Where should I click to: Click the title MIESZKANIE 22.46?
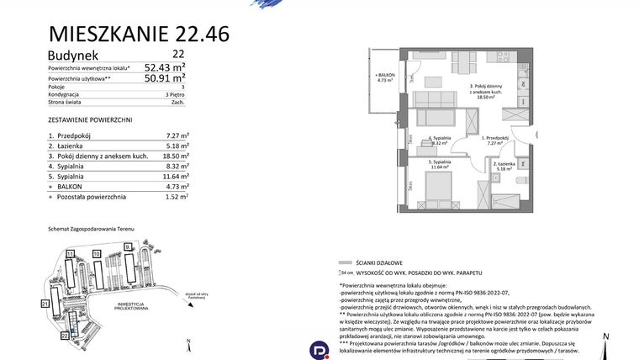pyautogui.click(x=139, y=34)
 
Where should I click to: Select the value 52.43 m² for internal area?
pyautogui.click(x=165, y=67)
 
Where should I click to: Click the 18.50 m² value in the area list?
pyautogui.click(x=176, y=156)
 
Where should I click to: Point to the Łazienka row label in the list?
pyautogui.click(x=71, y=146)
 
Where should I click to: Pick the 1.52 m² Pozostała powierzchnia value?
pyautogui.click(x=177, y=196)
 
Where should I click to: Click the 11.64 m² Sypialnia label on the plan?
pyautogui.click(x=440, y=163)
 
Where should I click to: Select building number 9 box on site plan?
pyautogui.click(x=128, y=246)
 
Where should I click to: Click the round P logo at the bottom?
pyautogui.click(x=318, y=348)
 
